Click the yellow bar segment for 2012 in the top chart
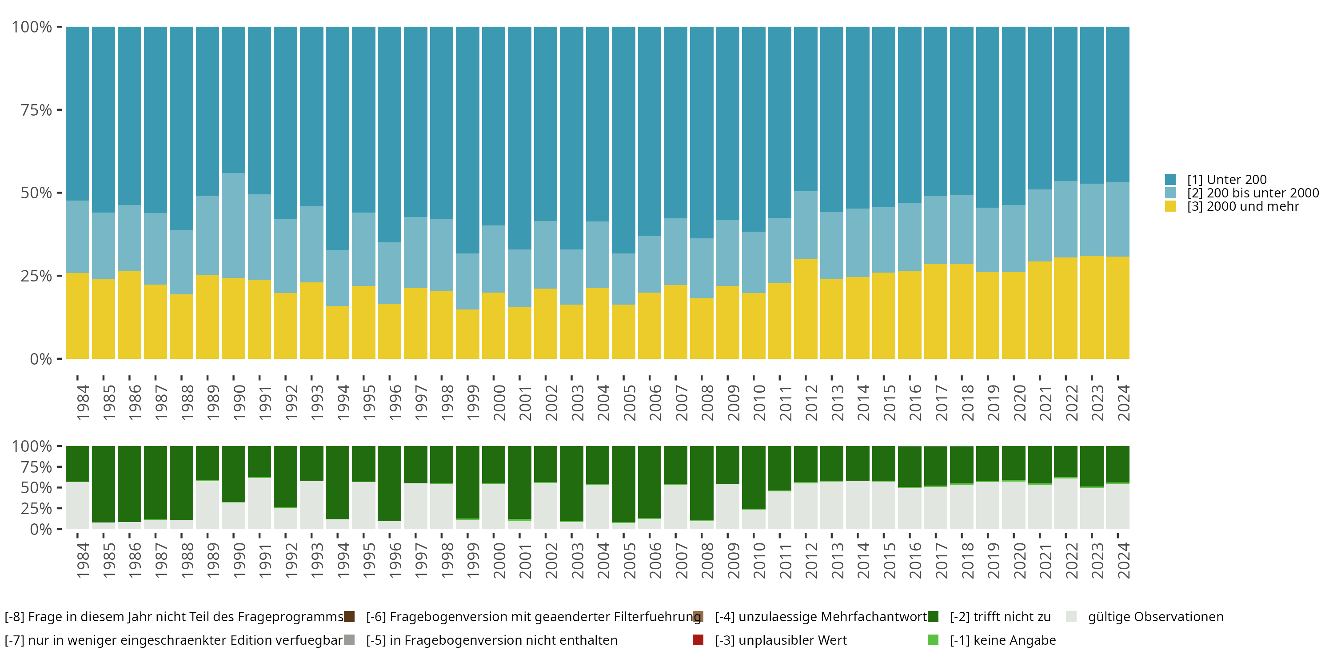click(x=805, y=309)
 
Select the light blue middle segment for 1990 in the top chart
click(x=233, y=225)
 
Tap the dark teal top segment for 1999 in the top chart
click(x=467, y=140)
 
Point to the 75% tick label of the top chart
click(x=36, y=110)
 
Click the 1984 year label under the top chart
click(x=83, y=402)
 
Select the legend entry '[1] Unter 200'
click(x=1226, y=180)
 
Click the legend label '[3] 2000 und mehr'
click(x=1243, y=207)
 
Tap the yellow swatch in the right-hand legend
click(x=1170, y=207)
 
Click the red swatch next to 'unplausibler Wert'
click(x=698, y=640)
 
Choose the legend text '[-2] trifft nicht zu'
click(x=1000, y=617)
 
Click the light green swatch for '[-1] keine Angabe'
click(x=933, y=640)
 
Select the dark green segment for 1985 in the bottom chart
click(x=104, y=484)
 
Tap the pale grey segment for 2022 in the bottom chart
click(x=1066, y=503)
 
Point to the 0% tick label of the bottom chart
click(x=41, y=529)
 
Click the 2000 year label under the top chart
click(x=499, y=402)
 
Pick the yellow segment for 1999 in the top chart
click(x=467, y=334)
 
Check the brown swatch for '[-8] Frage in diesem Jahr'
click(x=349, y=617)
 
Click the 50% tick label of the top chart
click(x=36, y=193)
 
